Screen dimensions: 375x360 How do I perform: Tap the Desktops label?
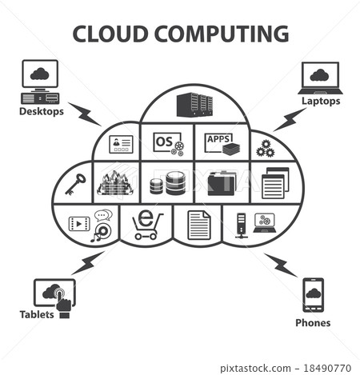42,111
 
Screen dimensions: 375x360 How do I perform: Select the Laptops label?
320,102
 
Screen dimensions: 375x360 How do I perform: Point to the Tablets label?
38,314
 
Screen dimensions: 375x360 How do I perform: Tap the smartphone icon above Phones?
313,295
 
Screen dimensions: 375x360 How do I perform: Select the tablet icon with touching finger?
54,293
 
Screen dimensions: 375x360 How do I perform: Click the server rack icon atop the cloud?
194,104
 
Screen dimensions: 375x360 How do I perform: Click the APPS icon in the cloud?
221,143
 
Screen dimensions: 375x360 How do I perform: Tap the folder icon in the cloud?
222,184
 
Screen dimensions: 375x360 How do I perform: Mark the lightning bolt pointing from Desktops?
85,114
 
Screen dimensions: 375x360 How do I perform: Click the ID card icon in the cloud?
120,145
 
